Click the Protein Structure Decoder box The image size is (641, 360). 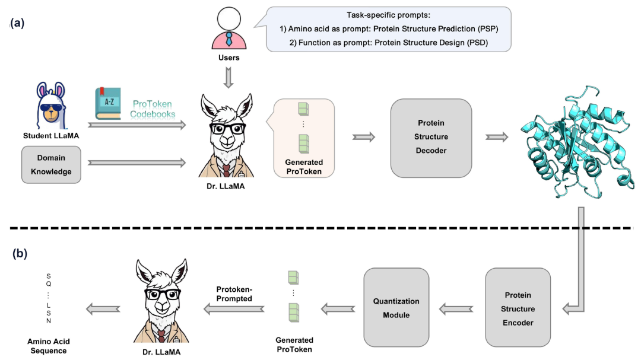point(431,137)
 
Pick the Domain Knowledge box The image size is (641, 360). point(50,165)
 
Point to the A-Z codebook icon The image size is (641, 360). point(108,104)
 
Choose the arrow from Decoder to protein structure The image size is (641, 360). point(497,137)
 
